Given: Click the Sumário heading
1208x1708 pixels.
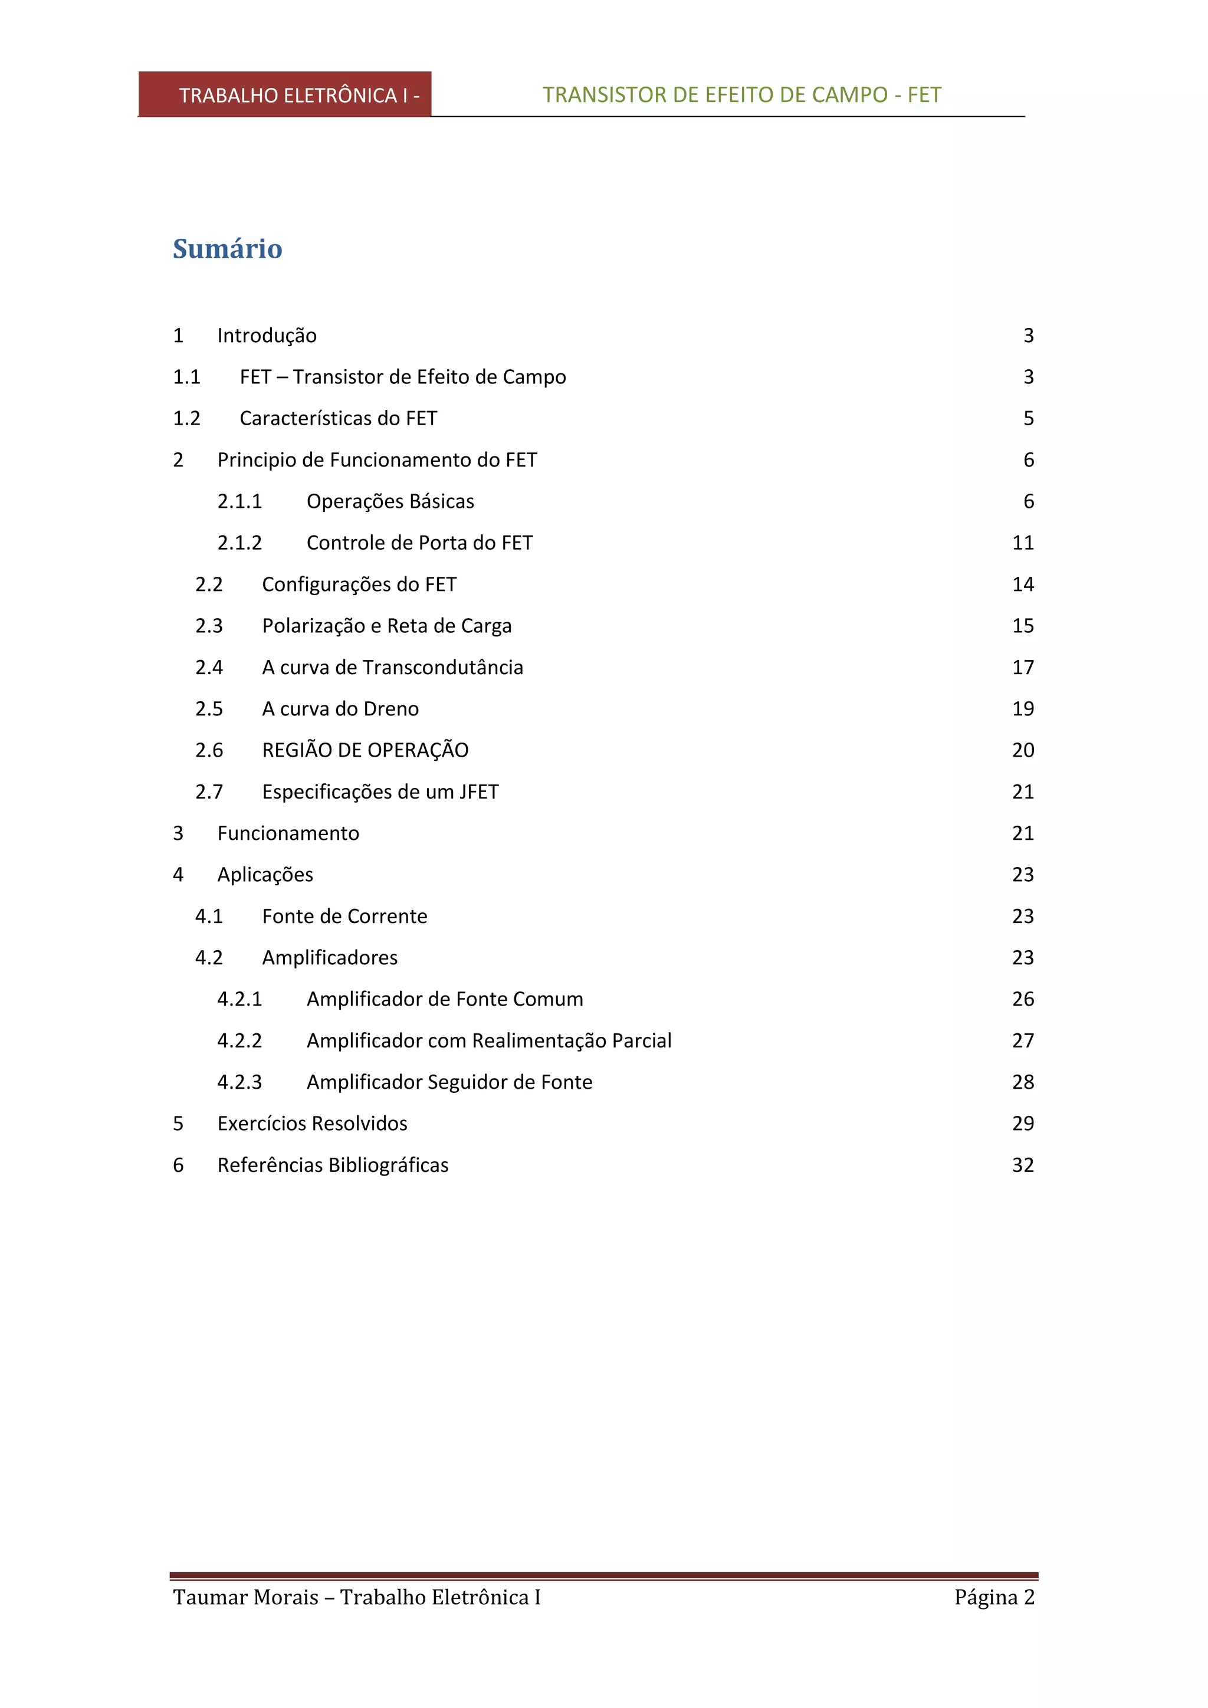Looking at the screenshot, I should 228,248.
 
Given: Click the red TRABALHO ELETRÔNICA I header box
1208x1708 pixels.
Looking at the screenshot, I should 285,95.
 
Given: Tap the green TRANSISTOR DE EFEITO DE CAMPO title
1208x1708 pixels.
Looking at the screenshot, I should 741,95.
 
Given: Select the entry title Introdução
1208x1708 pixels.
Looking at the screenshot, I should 267,336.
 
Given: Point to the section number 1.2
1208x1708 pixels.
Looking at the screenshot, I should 187,419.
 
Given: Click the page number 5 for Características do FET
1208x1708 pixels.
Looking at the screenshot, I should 1028,419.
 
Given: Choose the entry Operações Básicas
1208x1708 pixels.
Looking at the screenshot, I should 390,501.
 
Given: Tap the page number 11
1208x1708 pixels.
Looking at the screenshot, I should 1023,543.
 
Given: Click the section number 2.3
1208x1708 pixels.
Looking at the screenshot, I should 209,626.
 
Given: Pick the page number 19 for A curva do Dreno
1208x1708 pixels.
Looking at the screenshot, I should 1023,709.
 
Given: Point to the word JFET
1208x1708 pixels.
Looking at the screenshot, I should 478,792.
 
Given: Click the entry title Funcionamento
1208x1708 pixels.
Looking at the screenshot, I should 288,833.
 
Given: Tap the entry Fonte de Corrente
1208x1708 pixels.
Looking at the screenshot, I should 344,917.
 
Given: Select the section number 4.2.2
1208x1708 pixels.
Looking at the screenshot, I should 239,1041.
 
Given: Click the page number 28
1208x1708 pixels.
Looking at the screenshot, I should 1023,1082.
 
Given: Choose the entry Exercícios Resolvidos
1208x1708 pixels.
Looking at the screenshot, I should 313,1124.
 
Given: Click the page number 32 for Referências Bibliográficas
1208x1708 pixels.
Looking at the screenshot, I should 1023,1165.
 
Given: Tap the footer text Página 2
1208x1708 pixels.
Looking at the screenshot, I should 994,1597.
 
